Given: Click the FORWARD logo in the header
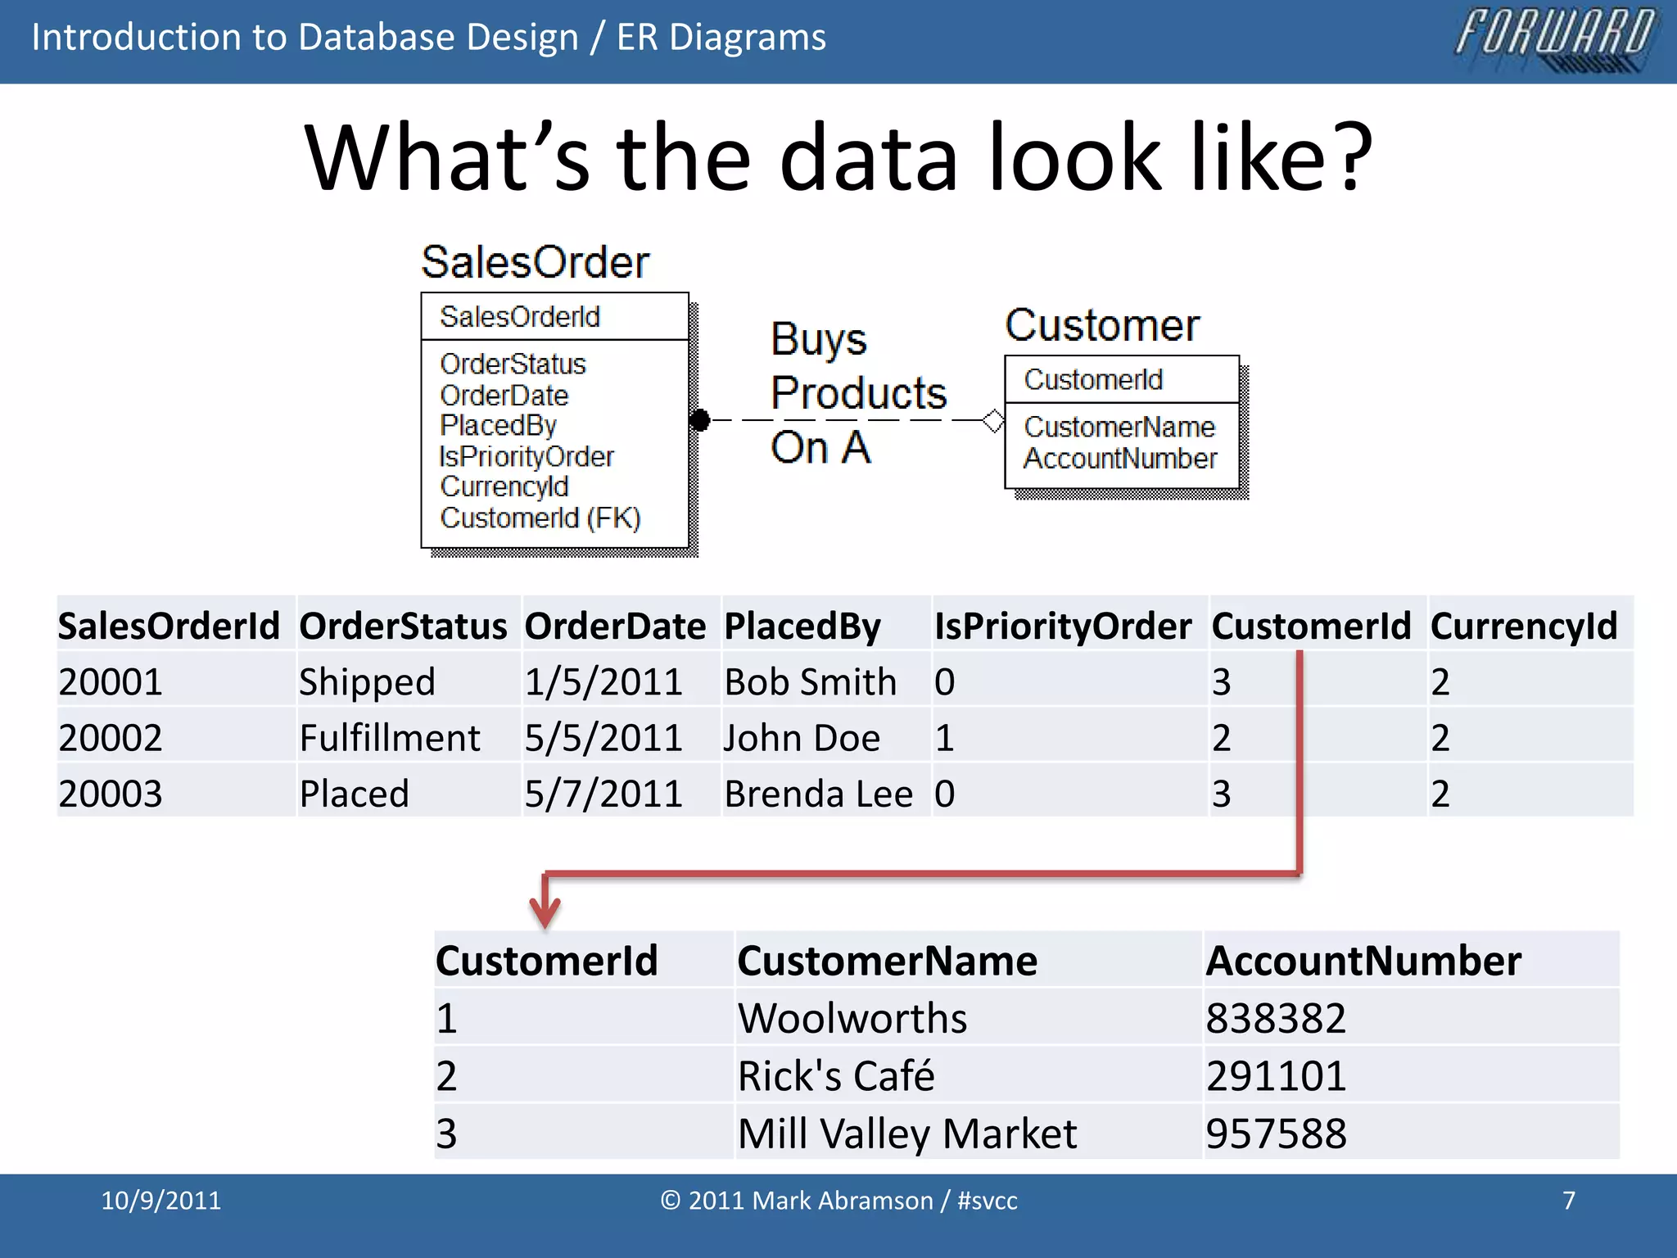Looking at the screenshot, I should click(x=1555, y=38).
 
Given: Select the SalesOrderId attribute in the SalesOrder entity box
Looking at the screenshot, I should click(x=520, y=317).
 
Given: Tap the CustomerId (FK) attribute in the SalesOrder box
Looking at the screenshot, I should click(x=540, y=518).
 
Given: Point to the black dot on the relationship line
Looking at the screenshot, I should click(x=699, y=420).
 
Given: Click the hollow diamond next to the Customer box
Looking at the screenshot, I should click(x=993, y=421).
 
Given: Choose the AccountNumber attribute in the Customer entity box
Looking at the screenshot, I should click(x=1120, y=459).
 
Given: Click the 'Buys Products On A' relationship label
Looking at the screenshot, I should click(x=857, y=393).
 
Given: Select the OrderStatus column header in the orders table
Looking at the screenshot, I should click(x=403, y=627).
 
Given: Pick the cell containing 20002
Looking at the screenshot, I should click(x=111, y=738).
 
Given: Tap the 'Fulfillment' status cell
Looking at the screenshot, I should click(x=390, y=738).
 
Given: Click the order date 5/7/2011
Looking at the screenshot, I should click(x=603, y=794).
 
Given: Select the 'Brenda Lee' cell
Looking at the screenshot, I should click(x=818, y=794).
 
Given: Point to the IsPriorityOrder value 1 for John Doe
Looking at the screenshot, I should click(x=945, y=738).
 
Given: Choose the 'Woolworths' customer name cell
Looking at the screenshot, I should click(x=852, y=1019).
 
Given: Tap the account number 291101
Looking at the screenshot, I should click(x=1276, y=1076).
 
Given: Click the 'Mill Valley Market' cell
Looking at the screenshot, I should click(x=907, y=1134).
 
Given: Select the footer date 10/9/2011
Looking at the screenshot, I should click(x=160, y=1201).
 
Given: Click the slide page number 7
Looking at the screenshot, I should click(x=1568, y=1201).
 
